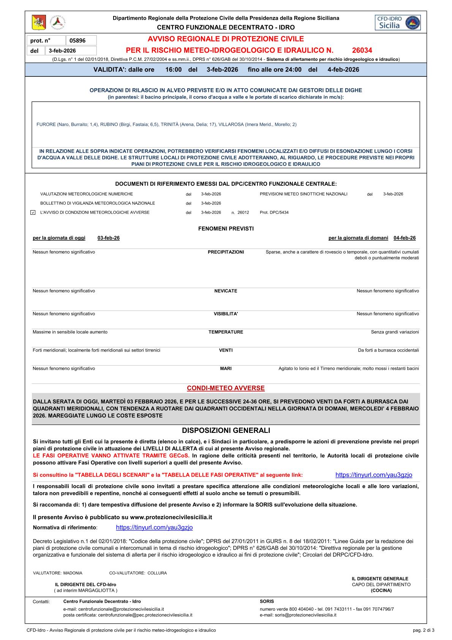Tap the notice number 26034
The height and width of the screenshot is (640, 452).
[x=362, y=50]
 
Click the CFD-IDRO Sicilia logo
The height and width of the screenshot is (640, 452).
[x=397, y=23]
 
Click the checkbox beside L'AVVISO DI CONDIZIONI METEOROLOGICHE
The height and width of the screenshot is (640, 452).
[x=33, y=212]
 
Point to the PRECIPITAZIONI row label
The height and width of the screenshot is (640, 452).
[x=226, y=252]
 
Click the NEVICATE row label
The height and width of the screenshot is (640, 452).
[x=226, y=291]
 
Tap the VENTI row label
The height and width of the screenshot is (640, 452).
[x=226, y=350]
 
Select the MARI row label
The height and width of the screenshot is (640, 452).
[x=226, y=368]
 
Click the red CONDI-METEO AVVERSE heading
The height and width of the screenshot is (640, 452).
[x=226, y=388]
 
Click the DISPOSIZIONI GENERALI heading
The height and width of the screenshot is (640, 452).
[x=226, y=431]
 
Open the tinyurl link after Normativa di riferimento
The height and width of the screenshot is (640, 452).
[x=154, y=528]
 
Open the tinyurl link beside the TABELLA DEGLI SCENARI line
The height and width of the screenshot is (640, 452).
[x=374, y=475]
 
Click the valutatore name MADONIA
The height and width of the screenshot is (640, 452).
[x=73, y=573]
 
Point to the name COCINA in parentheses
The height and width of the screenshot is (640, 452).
[x=381, y=591]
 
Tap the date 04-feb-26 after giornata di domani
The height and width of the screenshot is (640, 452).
[x=405, y=238]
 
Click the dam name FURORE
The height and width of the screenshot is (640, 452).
[x=46, y=125]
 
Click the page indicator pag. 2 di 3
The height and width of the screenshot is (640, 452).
[x=424, y=630]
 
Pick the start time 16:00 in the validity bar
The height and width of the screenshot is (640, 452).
[x=174, y=70]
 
